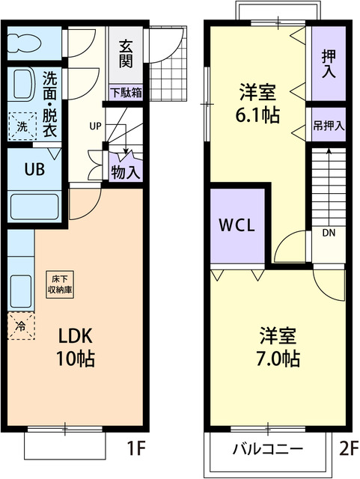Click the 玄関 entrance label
125,53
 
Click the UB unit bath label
25,168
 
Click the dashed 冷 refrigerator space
21,326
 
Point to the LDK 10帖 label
76,347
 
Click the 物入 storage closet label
125,171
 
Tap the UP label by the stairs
95,126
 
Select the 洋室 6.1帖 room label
257,105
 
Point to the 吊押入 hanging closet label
329,126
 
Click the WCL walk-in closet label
238,225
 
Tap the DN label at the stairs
329,233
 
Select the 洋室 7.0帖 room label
280,346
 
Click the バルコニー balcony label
267,449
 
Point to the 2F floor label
347,451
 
